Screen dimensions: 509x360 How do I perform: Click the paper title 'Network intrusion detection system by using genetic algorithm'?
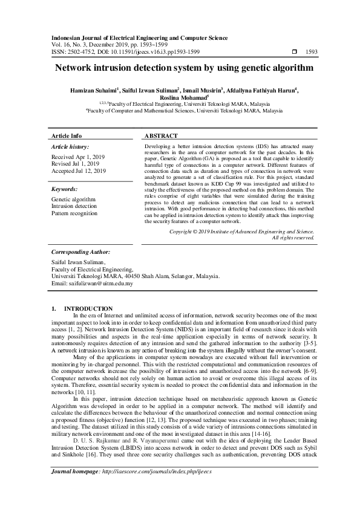click(180, 69)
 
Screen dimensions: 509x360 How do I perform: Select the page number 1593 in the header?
click(312, 53)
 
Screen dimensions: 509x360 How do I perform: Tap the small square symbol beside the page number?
click(294, 53)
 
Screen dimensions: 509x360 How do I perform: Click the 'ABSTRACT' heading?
click(161, 136)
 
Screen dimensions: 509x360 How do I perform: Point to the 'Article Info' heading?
click(67, 136)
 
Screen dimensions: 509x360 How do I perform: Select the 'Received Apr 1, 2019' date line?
click(78, 157)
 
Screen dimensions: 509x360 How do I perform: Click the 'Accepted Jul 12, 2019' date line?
click(79, 171)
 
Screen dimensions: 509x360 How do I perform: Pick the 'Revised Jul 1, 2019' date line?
click(76, 164)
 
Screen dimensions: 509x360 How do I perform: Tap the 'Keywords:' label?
click(65, 189)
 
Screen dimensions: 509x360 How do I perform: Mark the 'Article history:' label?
click(70, 147)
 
